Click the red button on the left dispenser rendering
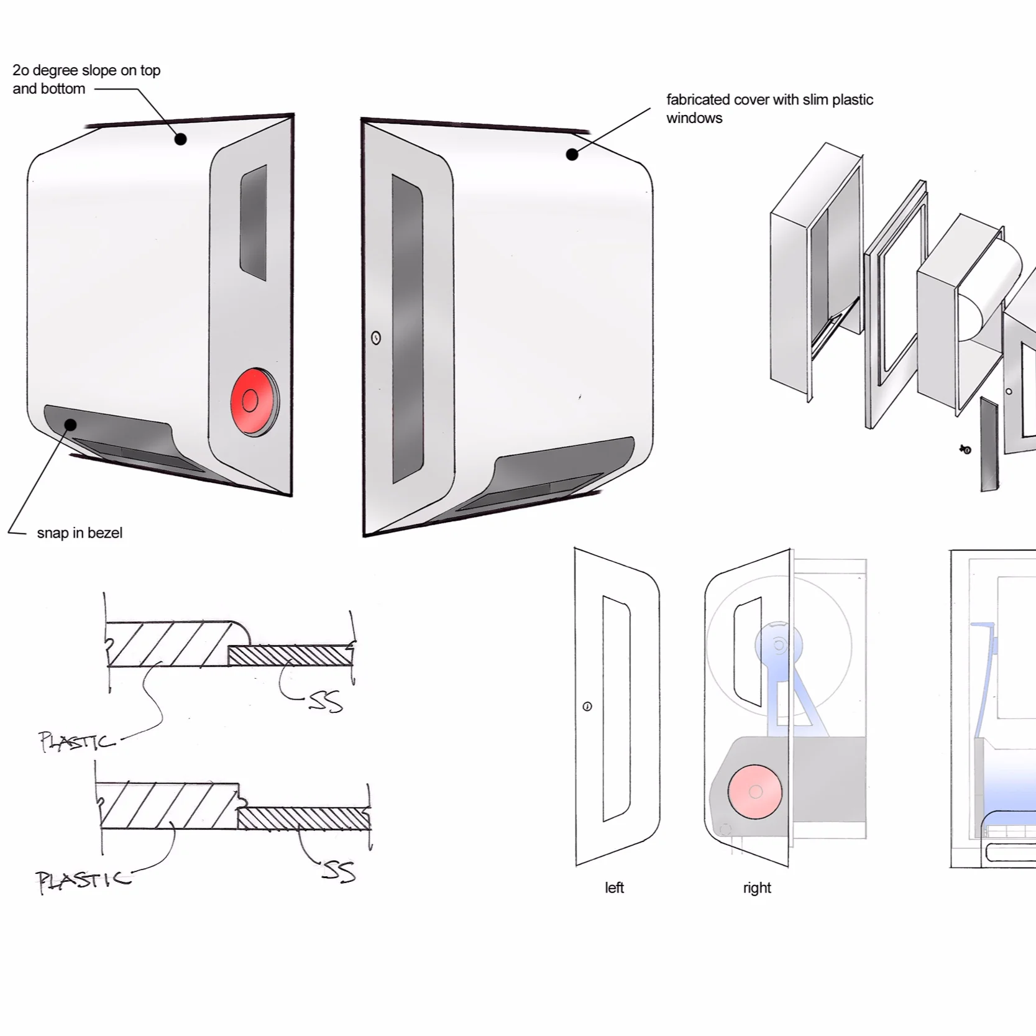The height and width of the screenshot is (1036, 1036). coord(252,401)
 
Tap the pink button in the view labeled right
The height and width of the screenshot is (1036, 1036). coord(755,791)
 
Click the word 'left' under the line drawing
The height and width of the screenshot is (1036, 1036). coord(614,887)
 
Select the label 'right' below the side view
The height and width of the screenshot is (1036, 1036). coord(756,887)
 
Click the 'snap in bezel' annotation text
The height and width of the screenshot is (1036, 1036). coord(80,533)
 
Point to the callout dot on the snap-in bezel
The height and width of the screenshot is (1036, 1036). coord(71,425)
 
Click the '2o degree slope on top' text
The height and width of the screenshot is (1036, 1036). coord(86,71)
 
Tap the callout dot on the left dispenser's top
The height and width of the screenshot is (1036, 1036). coord(180,139)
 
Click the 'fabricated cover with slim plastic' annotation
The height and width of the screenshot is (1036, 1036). coord(769,100)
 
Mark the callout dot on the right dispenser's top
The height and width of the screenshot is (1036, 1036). coord(572,155)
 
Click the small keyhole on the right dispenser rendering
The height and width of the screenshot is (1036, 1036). coord(376,337)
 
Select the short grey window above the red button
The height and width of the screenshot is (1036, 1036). coord(254,222)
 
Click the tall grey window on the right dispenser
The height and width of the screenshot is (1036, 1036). coord(407,329)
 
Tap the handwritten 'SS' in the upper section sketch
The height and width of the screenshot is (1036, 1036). coord(326,702)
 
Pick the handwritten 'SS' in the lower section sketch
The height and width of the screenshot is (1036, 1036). coord(339,871)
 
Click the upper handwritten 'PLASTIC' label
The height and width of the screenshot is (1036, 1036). coord(76,741)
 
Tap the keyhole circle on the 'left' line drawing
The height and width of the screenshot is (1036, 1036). coord(587,707)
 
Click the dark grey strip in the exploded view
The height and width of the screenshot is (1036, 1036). coord(989,444)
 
